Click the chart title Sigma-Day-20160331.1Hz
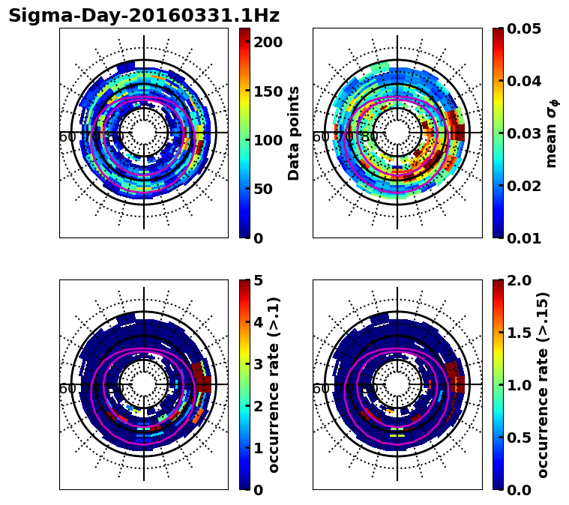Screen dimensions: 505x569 [144, 16]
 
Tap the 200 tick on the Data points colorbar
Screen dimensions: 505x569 [268, 42]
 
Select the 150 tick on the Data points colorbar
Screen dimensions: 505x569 [268, 91]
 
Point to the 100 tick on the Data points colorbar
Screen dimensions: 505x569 [268, 140]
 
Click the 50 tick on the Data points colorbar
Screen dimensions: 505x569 [268, 189]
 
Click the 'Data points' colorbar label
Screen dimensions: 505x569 [294, 133]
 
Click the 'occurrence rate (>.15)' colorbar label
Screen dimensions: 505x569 [543, 385]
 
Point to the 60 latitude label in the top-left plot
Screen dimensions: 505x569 [67, 137]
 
